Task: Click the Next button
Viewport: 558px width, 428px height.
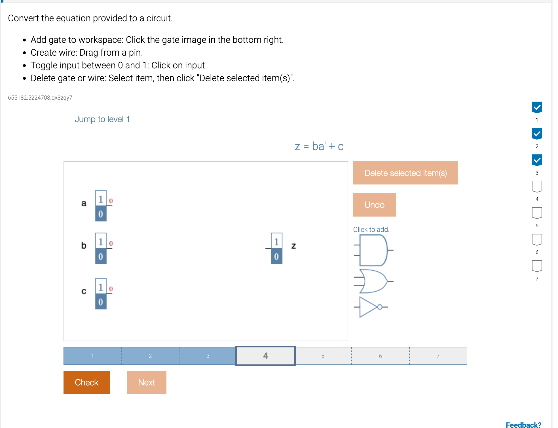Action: [x=146, y=382]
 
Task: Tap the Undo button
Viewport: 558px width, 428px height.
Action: [x=374, y=205]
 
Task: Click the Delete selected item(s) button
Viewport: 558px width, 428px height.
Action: [x=405, y=173]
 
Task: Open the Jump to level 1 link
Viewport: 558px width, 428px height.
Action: [x=102, y=119]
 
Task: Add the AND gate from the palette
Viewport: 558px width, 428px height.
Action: [x=373, y=250]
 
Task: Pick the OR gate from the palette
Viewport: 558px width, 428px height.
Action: [x=373, y=281]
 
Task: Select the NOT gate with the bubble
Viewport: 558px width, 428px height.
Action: [x=370, y=307]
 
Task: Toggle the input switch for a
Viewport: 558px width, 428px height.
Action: [x=101, y=206]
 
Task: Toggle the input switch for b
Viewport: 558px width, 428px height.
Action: [x=101, y=248]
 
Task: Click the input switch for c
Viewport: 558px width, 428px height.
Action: [x=101, y=294]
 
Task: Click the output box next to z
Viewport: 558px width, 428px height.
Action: [x=276, y=248]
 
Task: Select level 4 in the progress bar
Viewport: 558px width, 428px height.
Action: [x=265, y=356]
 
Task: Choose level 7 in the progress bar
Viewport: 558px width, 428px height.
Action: [x=438, y=356]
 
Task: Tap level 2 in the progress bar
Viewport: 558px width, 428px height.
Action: [x=150, y=356]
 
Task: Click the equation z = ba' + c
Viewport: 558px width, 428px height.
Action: [x=319, y=146]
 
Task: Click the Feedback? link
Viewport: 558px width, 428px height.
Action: [x=523, y=425]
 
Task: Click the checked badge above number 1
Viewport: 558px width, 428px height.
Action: [x=537, y=107]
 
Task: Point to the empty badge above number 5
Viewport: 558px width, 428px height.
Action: [x=537, y=213]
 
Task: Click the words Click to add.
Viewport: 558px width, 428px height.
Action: [x=371, y=229]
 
